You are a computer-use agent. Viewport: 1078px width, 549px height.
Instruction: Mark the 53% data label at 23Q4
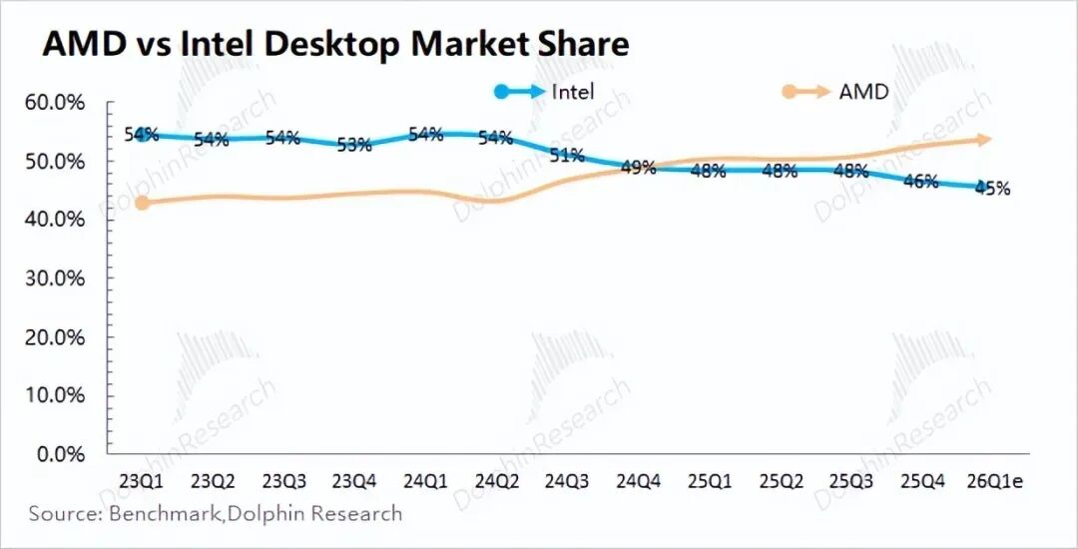(x=354, y=145)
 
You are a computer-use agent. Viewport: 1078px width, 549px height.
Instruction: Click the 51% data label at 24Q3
(x=567, y=156)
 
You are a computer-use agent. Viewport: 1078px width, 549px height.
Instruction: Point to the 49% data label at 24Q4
(x=638, y=168)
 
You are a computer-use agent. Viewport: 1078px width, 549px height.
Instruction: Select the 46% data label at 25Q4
(x=921, y=182)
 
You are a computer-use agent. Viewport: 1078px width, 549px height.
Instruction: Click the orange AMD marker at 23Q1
(x=142, y=203)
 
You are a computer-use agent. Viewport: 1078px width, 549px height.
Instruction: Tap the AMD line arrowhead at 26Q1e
(x=984, y=140)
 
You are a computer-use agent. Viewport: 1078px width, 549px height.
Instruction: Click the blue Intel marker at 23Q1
(x=142, y=134)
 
